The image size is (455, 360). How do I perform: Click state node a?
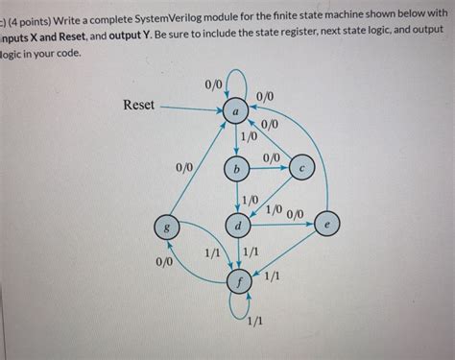[x=236, y=113]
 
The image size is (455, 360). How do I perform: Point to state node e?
[x=327, y=224]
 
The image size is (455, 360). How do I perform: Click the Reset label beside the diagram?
[x=138, y=105]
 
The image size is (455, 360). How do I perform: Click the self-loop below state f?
[x=237, y=307]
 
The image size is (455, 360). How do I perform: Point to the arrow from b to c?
[x=269, y=168]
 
